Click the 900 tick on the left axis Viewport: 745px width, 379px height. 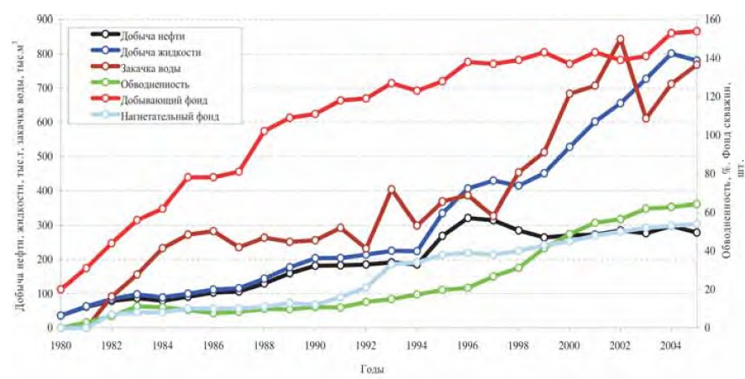[x=39, y=18]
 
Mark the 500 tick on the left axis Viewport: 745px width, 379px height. [x=39, y=156]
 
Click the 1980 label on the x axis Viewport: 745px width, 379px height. [x=60, y=345]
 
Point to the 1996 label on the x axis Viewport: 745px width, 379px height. [x=468, y=345]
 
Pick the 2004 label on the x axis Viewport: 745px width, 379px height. [x=671, y=345]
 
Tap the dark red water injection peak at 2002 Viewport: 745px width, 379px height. [x=621, y=39]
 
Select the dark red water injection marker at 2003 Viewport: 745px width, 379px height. [x=646, y=118]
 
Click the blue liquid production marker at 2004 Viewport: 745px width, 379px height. [x=671, y=53]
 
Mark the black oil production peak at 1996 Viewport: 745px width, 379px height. [x=468, y=218]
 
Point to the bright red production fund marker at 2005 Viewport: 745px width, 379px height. [x=696, y=31]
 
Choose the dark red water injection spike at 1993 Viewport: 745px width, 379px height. [x=391, y=189]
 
